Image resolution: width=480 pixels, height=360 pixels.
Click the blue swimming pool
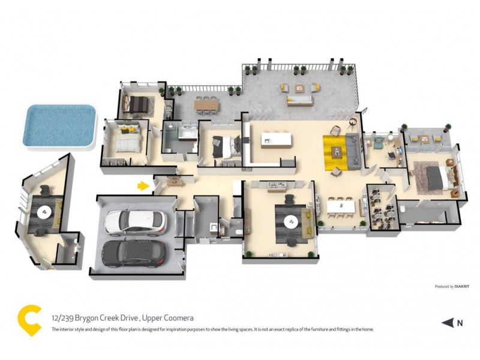coord(59,126)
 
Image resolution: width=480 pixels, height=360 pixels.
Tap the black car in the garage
coord(133,253)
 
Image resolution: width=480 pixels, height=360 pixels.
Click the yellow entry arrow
coord(143,186)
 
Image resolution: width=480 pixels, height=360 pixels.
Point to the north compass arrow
coord(448,323)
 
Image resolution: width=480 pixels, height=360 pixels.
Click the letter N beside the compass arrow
coord(460,323)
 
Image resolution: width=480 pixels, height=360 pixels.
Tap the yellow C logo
coord(29,320)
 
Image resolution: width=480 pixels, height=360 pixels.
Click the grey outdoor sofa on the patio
coord(302,101)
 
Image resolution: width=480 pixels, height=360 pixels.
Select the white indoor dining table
coord(341,207)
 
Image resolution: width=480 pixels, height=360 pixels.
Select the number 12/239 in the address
coord(64,318)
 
